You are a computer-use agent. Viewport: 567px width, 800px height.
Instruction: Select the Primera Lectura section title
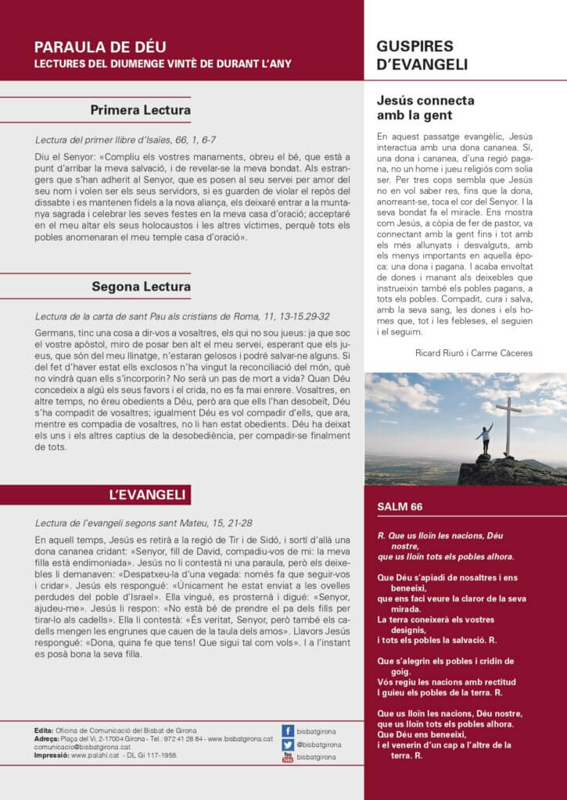point(140,110)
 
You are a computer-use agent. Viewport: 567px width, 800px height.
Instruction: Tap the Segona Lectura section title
point(141,287)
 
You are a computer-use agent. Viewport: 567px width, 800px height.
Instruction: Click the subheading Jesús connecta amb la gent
point(425,108)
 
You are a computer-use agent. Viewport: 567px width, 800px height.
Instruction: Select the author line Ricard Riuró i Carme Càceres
point(474,353)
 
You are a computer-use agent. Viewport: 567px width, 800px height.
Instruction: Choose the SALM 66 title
point(400,506)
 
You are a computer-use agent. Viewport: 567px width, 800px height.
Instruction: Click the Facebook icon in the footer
point(288,730)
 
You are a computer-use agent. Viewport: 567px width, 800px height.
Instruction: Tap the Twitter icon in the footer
point(288,744)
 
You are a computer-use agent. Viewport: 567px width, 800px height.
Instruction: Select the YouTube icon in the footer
point(288,757)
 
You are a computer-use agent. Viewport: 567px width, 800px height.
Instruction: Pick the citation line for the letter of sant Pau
point(182,316)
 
